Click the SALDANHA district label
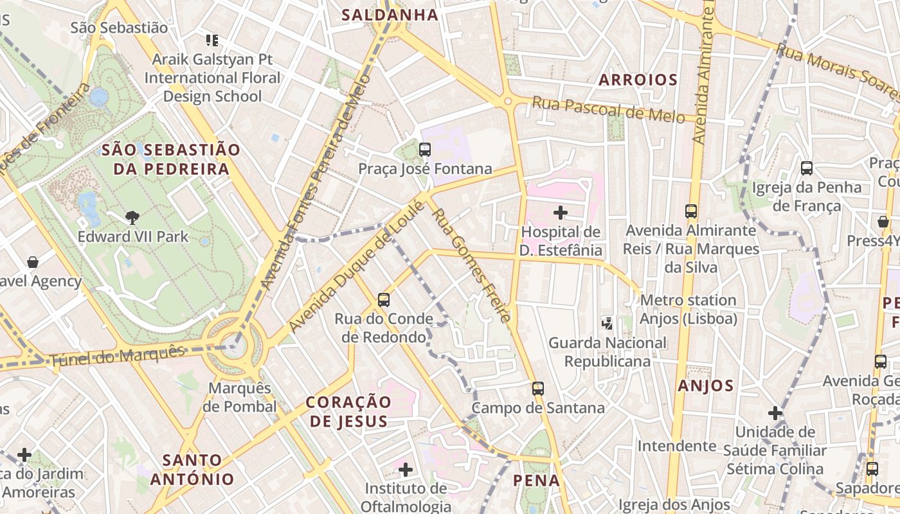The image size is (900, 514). click(x=390, y=15)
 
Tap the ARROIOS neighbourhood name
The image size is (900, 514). click(x=638, y=80)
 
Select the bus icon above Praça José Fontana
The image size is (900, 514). click(x=424, y=150)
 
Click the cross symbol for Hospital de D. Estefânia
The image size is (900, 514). click(x=561, y=212)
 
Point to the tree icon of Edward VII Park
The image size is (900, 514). click(x=132, y=217)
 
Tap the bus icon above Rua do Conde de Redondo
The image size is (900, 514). click(x=384, y=299)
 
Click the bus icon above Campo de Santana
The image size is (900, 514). click(x=538, y=388)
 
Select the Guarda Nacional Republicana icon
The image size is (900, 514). click(x=607, y=323)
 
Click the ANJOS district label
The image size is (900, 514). click(x=705, y=385)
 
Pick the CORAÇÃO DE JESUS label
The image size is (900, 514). click(x=348, y=411)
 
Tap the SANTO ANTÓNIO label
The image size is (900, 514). click(x=192, y=470)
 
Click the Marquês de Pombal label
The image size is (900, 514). click(x=240, y=397)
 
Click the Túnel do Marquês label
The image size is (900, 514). click(x=116, y=355)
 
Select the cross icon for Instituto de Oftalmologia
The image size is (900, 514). click(x=406, y=470)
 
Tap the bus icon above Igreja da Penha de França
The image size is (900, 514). click(x=807, y=168)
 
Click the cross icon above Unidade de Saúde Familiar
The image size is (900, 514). click(x=775, y=412)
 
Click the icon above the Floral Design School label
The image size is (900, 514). click(x=212, y=40)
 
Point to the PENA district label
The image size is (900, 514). click(x=536, y=480)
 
